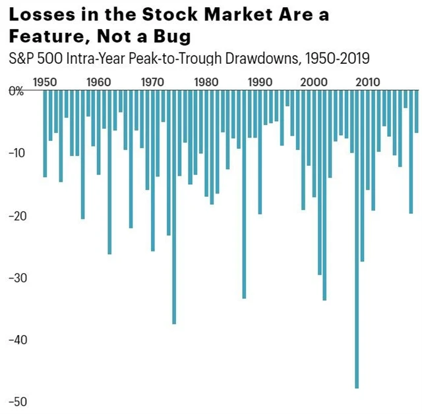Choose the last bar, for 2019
(417, 112)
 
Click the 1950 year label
(44, 83)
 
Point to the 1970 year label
(152, 83)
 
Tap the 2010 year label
(367, 83)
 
